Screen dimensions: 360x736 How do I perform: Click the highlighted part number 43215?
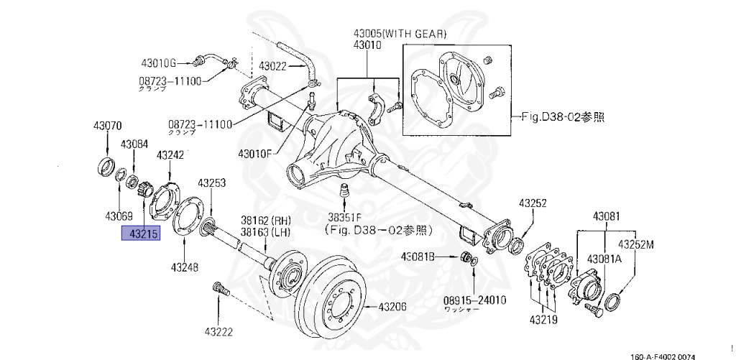tap(141, 234)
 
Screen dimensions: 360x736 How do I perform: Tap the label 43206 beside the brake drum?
tap(392, 306)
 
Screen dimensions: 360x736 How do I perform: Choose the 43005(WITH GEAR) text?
tap(400, 34)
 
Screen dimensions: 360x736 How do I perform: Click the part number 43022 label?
tap(273, 66)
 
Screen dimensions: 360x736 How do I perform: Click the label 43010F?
tap(254, 152)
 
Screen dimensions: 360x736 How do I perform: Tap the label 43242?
tap(170, 154)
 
